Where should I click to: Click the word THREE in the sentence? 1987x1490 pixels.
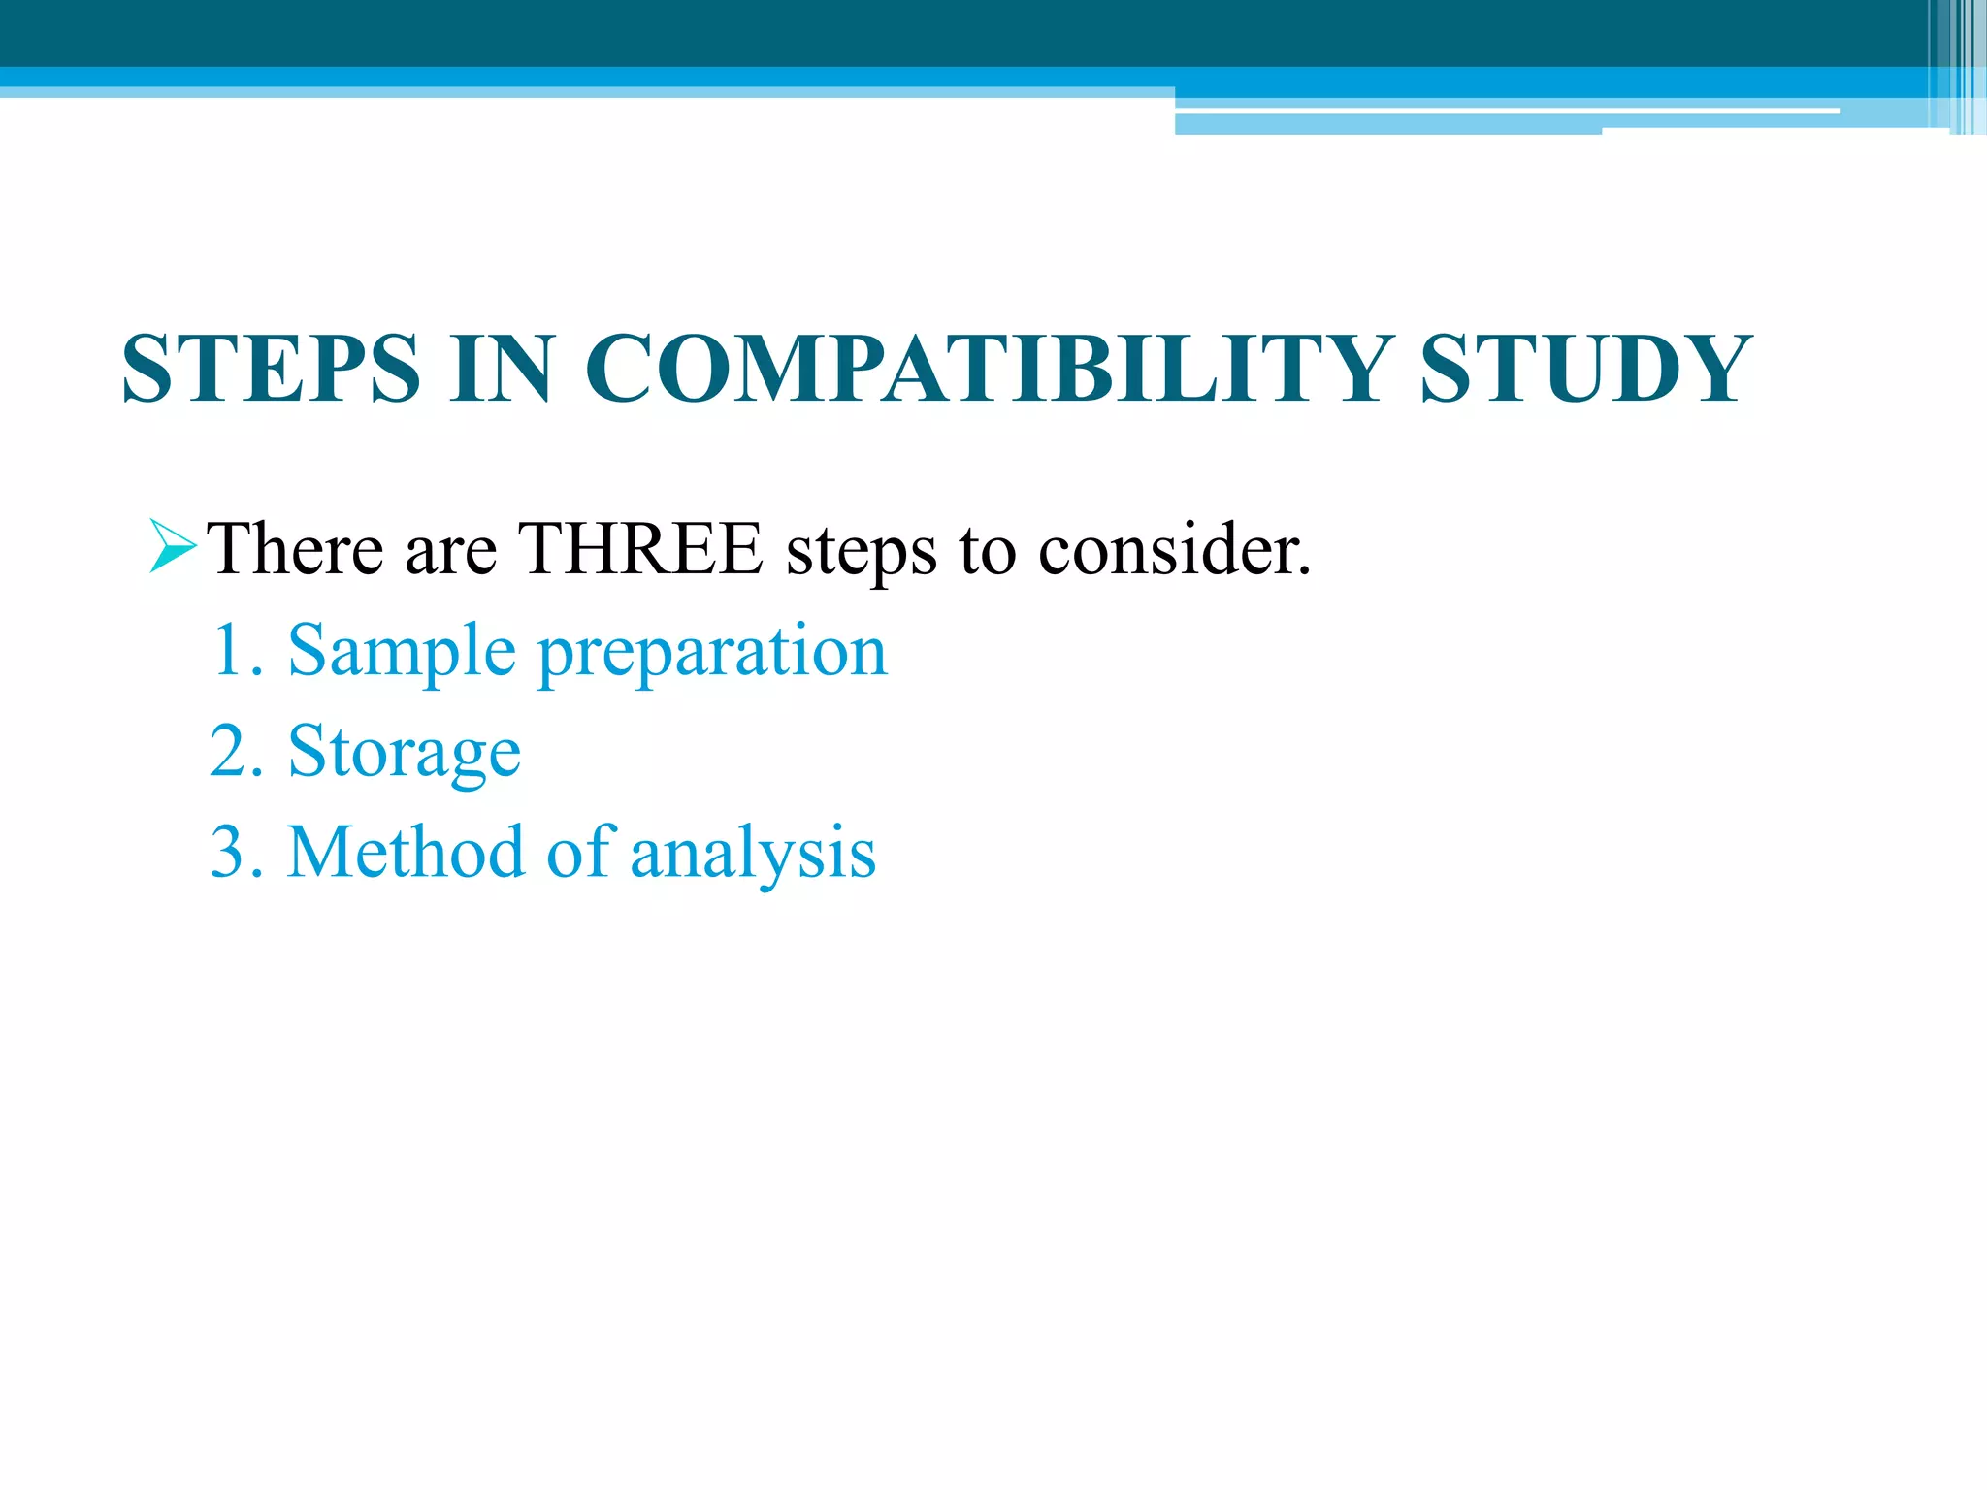tap(639, 549)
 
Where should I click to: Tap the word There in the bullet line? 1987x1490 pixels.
tap(295, 549)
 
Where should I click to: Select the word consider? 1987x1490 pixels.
tap(1175, 549)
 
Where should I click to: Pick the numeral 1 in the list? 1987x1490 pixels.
tap(228, 650)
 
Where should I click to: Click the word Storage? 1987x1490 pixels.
tap(405, 753)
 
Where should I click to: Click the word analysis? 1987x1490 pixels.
tap(753, 854)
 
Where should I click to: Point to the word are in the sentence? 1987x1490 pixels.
tap(450, 551)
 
